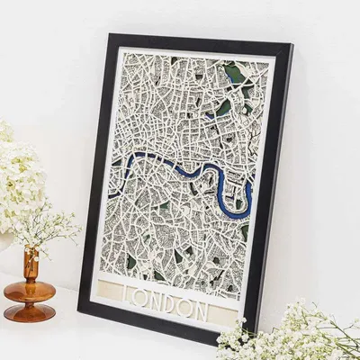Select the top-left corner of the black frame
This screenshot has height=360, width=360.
(x=111, y=36)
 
